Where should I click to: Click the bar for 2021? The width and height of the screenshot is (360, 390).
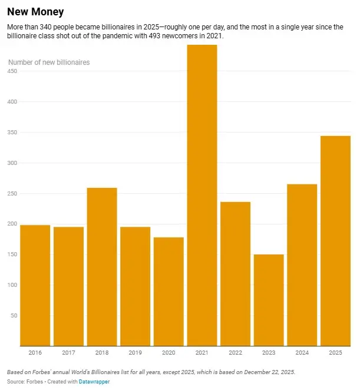(x=202, y=194)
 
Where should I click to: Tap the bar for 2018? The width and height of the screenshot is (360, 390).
(x=102, y=266)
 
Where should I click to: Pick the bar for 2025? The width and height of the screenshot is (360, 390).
(x=335, y=240)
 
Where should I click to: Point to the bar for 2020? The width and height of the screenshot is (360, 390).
(x=169, y=291)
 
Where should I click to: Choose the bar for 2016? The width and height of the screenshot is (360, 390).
(x=35, y=285)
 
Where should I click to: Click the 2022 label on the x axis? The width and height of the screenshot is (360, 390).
(x=235, y=353)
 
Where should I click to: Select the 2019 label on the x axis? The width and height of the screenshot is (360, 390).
(x=135, y=353)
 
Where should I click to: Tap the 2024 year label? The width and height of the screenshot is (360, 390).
(x=302, y=353)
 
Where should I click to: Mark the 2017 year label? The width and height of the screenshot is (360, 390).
(x=68, y=353)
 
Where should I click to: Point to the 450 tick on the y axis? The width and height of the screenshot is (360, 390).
(x=12, y=71)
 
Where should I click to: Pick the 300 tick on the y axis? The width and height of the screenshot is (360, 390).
(x=12, y=163)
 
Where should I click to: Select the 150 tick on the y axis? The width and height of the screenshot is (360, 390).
(x=12, y=255)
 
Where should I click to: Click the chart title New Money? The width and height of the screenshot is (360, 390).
(x=35, y=12)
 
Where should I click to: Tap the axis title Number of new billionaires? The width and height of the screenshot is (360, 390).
(x=49, y=62)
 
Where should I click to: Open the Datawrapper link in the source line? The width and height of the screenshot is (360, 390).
(x=96, y=382)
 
